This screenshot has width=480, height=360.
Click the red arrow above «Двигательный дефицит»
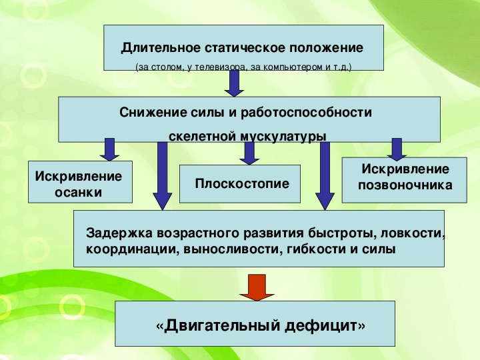(257, 287)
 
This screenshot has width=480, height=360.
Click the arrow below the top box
(233, 83)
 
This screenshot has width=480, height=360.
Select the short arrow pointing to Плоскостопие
(249, 153)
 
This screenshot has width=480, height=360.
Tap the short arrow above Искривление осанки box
(109, 149)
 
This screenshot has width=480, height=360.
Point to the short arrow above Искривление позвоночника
(397, 149)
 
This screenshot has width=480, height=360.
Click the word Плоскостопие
(242, 183)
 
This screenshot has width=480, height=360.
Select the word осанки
(78, 193)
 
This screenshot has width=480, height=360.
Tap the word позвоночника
(405, 185)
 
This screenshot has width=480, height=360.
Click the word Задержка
(116, 234)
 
